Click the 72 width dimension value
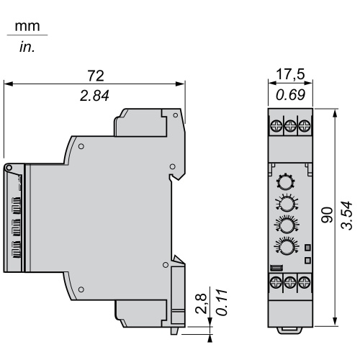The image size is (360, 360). [96, 76]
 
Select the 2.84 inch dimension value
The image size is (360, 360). [94, 96]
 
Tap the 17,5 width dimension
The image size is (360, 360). [290, 74]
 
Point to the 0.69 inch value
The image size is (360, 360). [290, 95]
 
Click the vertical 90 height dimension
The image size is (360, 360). [328, 215]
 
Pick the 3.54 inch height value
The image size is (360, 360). [347, 216]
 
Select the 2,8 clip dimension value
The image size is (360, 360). [201, 303]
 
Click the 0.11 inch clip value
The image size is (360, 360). [222, 302]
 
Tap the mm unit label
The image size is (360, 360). [27, 26]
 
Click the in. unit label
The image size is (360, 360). [27, 48]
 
